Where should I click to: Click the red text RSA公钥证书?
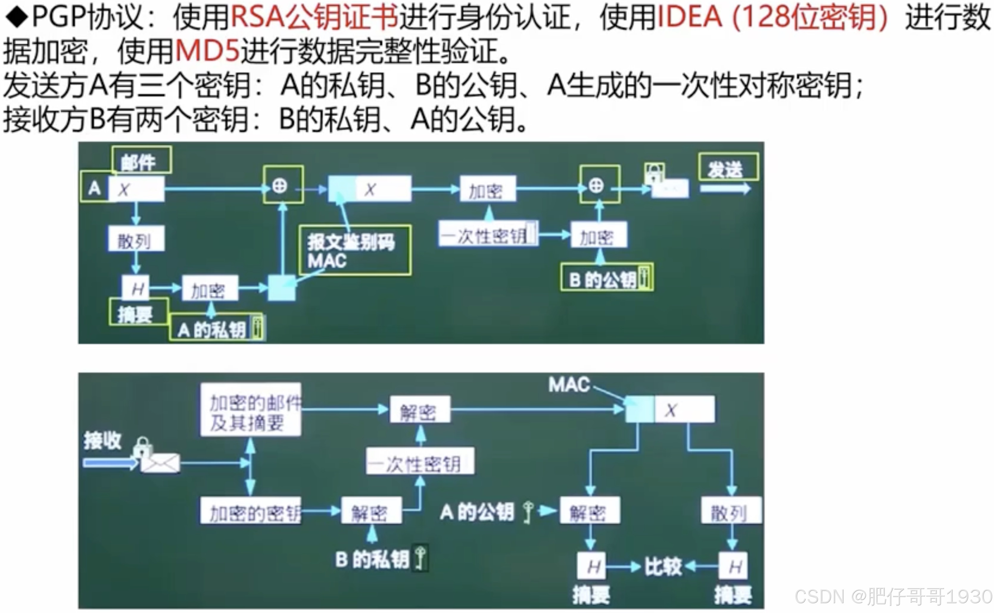(x=314, y=17)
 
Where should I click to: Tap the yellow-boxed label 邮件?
(x=141, y=161)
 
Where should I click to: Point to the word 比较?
(x=663, y=567)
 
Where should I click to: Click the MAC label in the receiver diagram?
(x=569, y=385)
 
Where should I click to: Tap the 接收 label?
(x=102, y=440)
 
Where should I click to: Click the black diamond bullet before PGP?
(x=16, y=17)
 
